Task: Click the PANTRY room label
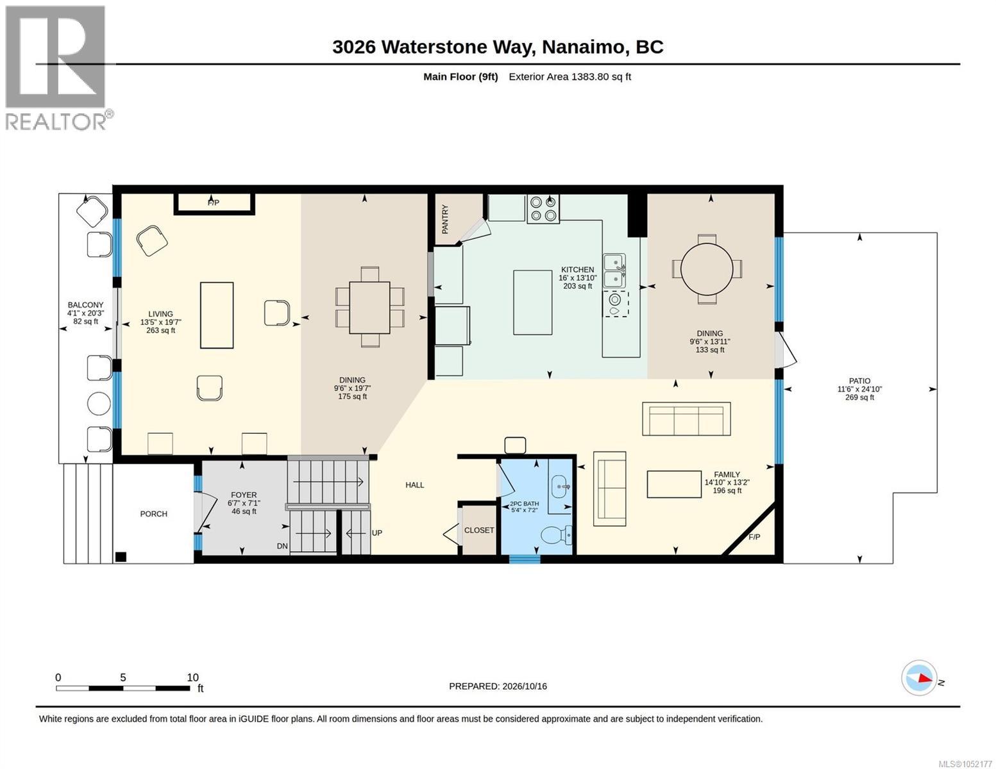pos(445,219)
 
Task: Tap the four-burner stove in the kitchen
pos(543,209)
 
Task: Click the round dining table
pos(707,269)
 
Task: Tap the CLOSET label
pos(479,530)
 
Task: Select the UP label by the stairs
pos(376,533)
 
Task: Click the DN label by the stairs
pos(282,546)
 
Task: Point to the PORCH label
pos(153,514)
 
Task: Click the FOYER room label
pos(244,495)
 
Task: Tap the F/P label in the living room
pos(214,203)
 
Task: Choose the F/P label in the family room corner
pos(754,537)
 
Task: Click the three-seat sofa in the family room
pos(686,418)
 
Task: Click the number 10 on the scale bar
pos(192,677)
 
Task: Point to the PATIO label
pos(859,381)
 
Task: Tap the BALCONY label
pos(86,304)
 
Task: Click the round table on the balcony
pos(99,404)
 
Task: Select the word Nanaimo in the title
pos(584,47)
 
